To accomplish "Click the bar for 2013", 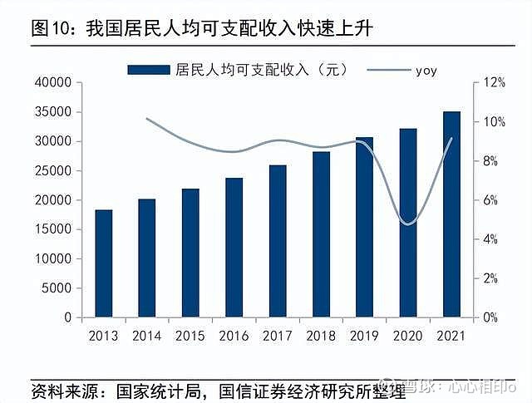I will (103, 263).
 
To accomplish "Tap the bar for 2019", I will (364, 227).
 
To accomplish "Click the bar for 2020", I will (408, 223).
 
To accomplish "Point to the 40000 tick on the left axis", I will (53, 82).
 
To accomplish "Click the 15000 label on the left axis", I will (53, 229).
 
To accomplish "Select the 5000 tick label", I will (57, 288).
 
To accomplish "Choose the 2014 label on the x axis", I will (146, 337).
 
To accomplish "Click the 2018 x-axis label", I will (321, 337).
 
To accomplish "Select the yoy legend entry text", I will (426, 70).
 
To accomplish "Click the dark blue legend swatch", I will (148, 70).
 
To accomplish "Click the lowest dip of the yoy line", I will (406, 224).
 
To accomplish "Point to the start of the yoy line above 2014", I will (146, 119).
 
